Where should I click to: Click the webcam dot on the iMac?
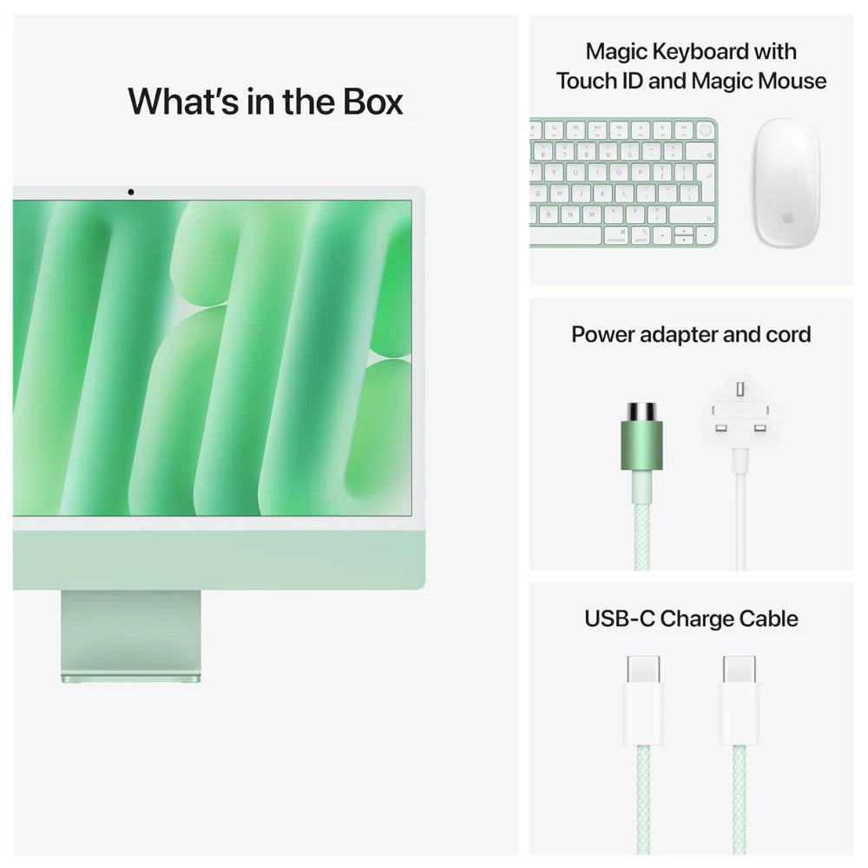click(x=130, y=191)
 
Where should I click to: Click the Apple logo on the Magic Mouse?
click(x=786, y=217)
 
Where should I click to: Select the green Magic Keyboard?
click(x=623, y=182)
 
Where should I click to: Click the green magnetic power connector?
click(x=641, y=443)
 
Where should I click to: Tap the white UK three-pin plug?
click(x=739, y=413)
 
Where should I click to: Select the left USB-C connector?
click(x=643, y=699)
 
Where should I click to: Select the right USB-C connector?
click(x=738, y=699)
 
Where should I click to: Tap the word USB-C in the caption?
click(x=620, y=619)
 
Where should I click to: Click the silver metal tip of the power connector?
click(x=641, y=410)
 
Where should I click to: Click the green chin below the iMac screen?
click(x=217, y=560)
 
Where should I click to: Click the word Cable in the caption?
click(x=768, y=619)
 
